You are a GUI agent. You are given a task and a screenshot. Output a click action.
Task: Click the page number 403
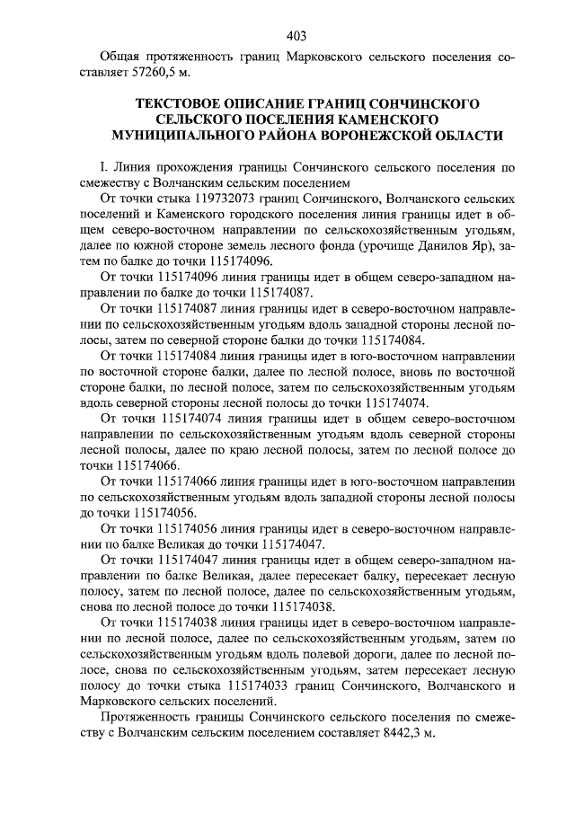coord(296,36)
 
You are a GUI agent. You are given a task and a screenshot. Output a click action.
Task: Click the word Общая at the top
coord(123,57)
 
